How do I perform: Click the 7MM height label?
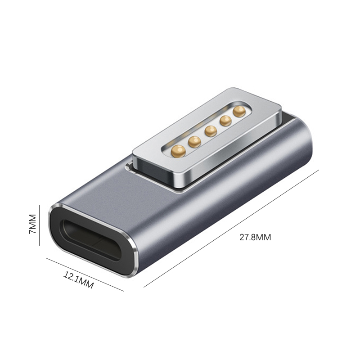click(x=32, y=224)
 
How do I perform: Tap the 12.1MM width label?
click(x=78, y=280)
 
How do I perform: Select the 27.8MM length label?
click(x=255, y=237)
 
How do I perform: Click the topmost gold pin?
click(x=239, y=111)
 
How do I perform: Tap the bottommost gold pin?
click(x=178, y=151)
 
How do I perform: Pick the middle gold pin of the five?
click(x=211, y=131)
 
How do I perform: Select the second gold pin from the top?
click(x=225, y=121)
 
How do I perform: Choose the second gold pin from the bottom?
click(x=194, y=142)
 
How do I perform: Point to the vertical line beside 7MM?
click(x=40, y=225)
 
